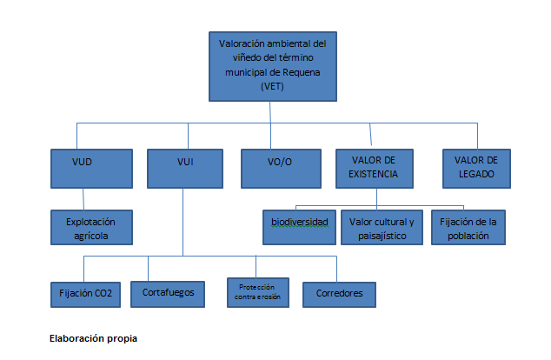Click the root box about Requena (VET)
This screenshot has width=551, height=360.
point(272,64)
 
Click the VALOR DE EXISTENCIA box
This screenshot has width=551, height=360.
point(374,169)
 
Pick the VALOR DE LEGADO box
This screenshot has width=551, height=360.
point(475,169)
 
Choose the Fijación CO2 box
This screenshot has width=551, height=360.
point(84,293)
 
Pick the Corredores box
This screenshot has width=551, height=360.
point(340,293)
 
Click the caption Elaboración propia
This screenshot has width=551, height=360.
point(93,337)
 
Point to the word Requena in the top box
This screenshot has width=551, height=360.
point(302,73)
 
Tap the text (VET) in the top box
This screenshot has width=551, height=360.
point(272,86)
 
